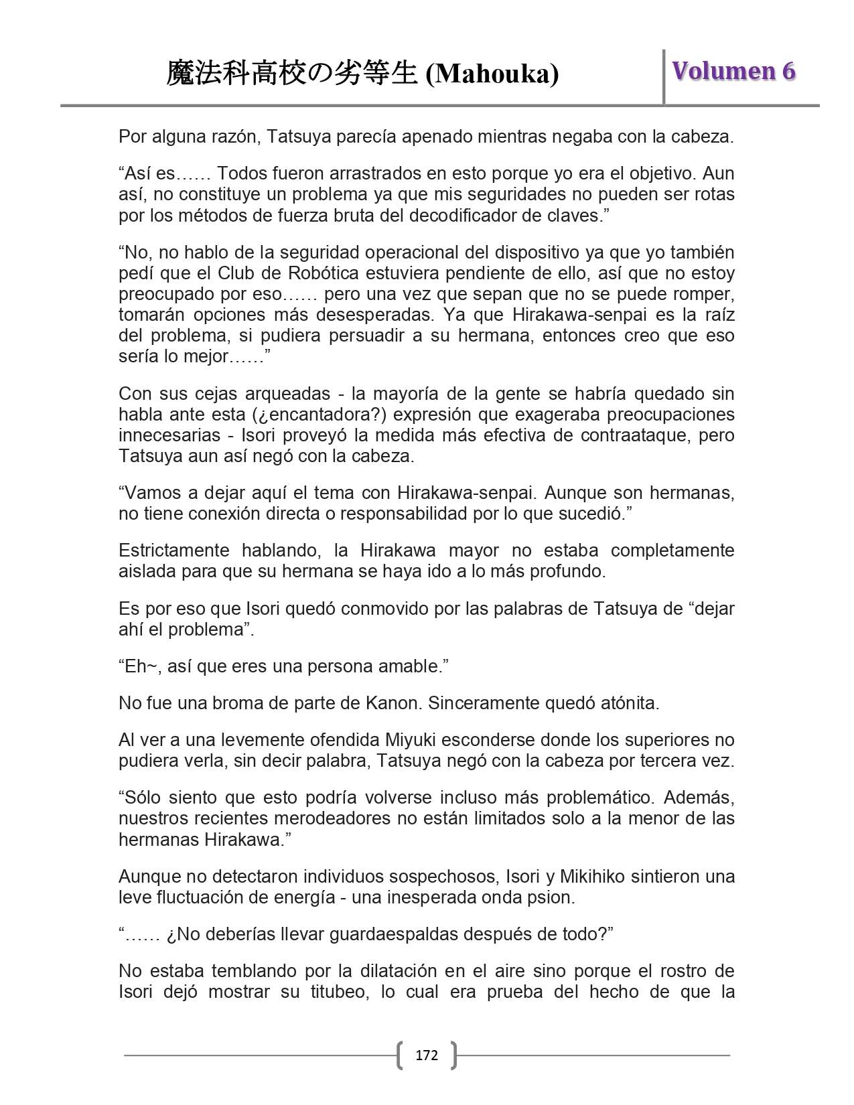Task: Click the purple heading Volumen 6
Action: click(733, 71)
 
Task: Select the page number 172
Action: click(427, 1055)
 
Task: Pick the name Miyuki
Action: click(409, 740)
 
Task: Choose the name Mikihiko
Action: click(596, 876)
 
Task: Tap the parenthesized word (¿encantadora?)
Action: click(318, 415)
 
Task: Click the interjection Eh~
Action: click(141, 666)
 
